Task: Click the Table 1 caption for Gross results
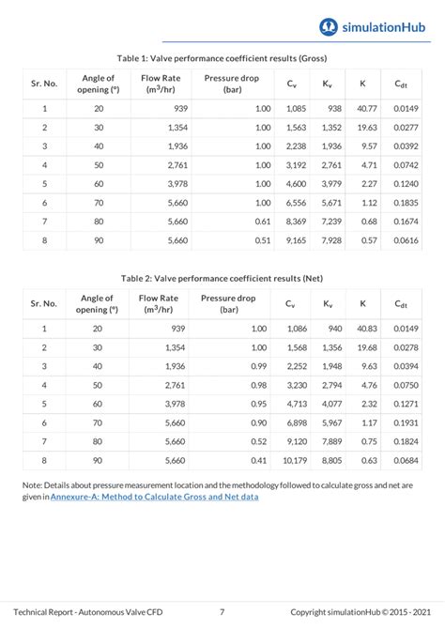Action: pos(222,58)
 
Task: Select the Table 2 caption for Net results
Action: pos(222,278)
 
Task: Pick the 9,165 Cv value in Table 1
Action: pos(295,240)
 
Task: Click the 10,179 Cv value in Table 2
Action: pos(293,460)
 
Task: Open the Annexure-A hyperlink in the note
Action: pos(154,497)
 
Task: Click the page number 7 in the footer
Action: pos(222,609)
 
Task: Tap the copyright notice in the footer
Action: pos(361,609)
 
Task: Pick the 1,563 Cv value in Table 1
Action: pos(295,128)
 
